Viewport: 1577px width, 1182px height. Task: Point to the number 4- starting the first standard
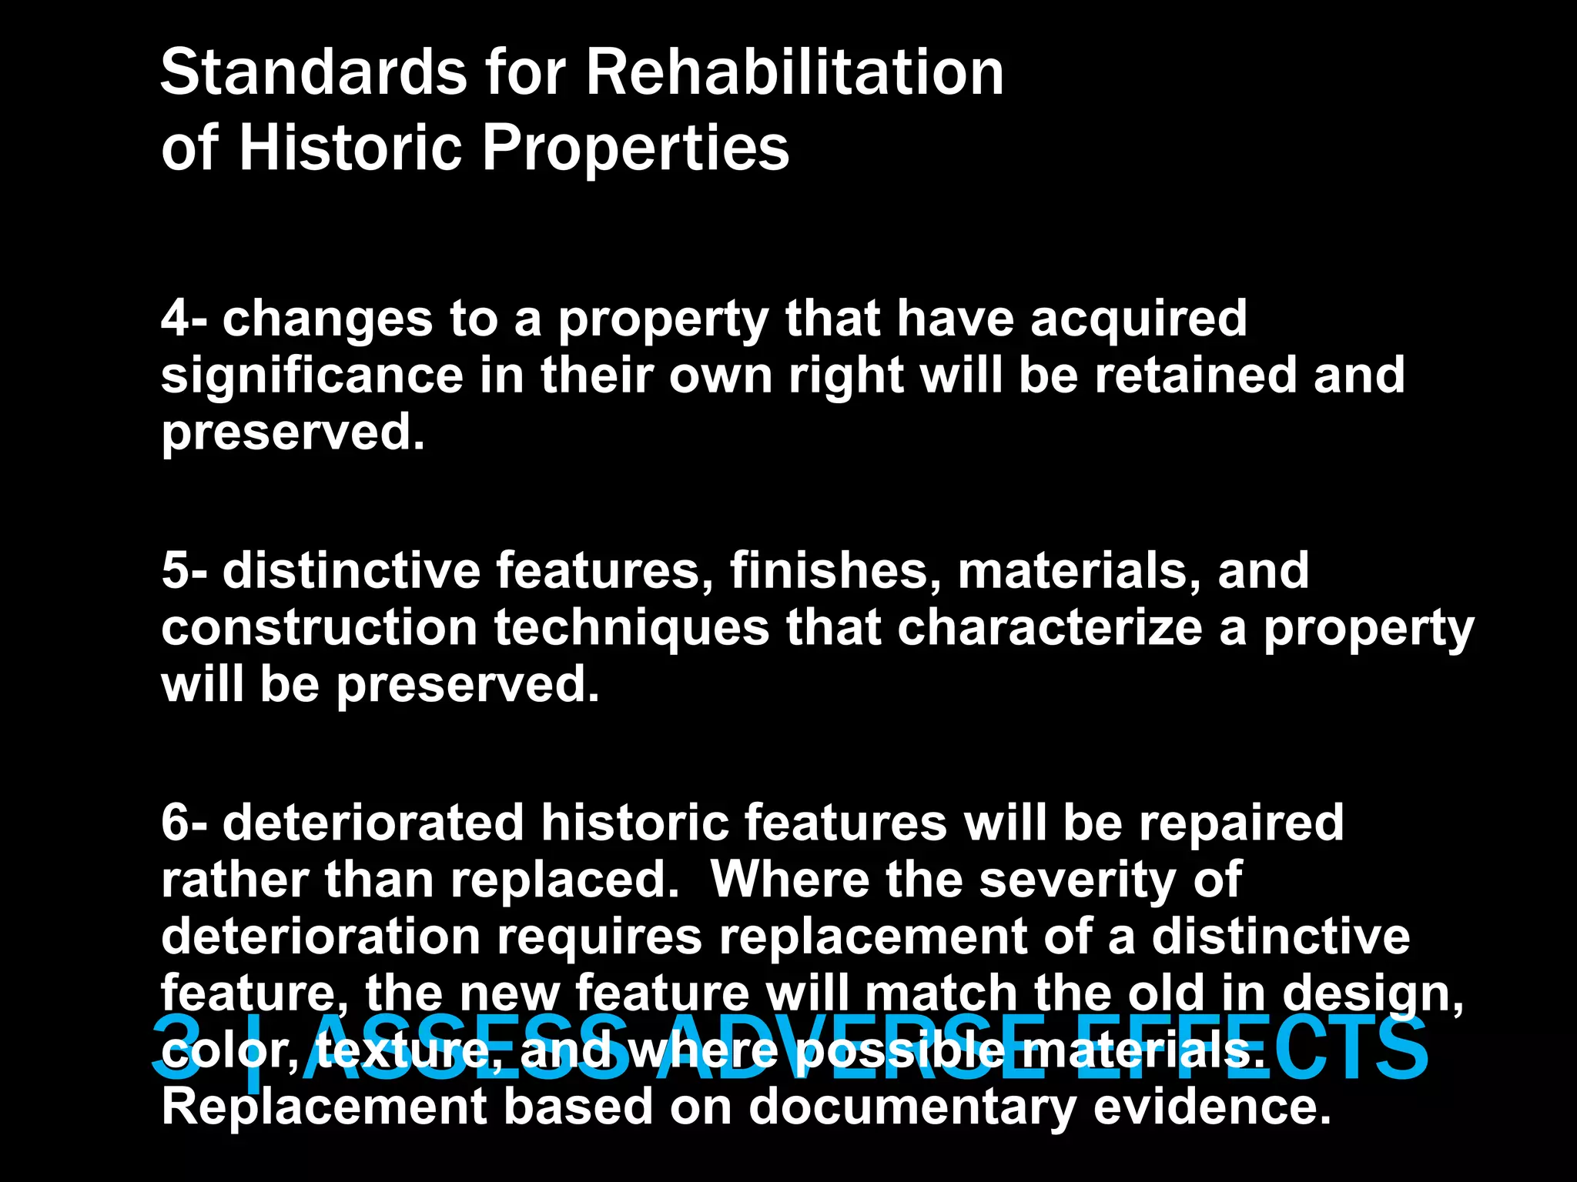pos(184,319)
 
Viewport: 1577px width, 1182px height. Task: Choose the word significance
pos(312,377)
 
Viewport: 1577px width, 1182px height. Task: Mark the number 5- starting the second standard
pos(184,571)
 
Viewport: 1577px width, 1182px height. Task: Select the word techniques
pos(631,628)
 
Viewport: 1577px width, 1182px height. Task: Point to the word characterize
pos(1050,628)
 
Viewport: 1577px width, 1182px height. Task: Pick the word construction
pos(319,628)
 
